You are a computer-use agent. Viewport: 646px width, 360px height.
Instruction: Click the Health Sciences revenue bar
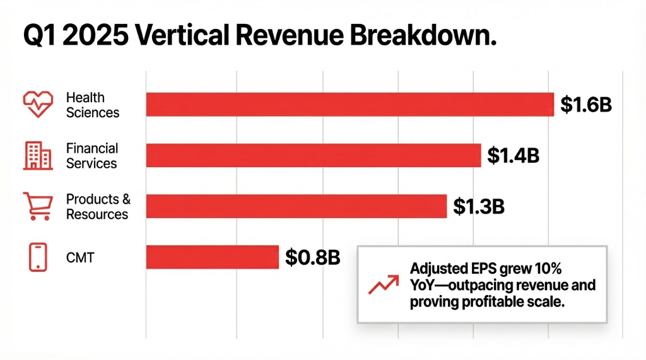(x=350, y=105)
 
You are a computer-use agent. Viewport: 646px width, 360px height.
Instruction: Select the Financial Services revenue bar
(x=314, y=155)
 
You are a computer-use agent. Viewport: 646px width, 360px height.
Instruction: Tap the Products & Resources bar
(x=297, y=206)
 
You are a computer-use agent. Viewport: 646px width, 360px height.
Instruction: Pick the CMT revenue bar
(x=212, y=257)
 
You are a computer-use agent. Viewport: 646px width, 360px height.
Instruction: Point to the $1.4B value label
(x=514, y=155)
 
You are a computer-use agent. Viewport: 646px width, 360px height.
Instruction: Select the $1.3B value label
(x=479, y=206)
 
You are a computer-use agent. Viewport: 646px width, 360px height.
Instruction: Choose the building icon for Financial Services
(x=38, y=156)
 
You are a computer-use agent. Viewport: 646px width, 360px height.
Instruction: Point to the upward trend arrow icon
(x=382, y=285)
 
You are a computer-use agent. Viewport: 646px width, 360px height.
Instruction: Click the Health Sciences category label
(x=92, y=105)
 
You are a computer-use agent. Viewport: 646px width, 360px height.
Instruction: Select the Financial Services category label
(x=92, y=156)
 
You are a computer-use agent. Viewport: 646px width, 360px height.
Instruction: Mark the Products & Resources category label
(x=98, y=207)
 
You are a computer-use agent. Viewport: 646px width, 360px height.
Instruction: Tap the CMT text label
(x=80, y=257)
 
